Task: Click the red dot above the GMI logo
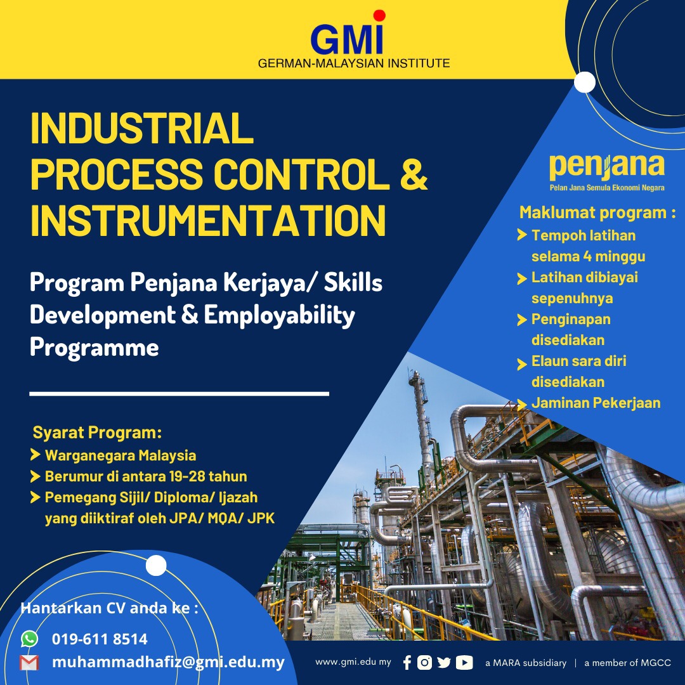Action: coord(379,15)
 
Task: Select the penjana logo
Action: coord(607,167)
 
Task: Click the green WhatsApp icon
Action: coord(29,638)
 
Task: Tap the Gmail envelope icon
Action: coord(29,663)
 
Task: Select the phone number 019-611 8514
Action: coord(100,639)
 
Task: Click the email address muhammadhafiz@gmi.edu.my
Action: coord(168,662)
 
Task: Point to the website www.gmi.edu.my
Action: coord(353,662)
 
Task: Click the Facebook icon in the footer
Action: coord(407,663)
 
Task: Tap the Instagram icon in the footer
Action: coord(425,663)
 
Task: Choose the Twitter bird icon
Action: coord(444,663)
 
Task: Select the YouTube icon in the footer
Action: coord(464,663)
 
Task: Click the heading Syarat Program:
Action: coord(97,433)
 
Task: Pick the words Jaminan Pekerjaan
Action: coord(596,403)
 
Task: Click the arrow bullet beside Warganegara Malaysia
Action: coord(36,455)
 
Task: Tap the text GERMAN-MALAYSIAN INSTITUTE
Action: coord(354,63)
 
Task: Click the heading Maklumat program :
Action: coord(597,212)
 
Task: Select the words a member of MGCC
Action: coord(627,663)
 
